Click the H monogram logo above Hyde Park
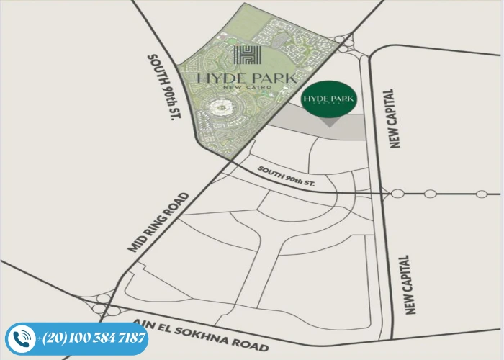(x=246, y=55)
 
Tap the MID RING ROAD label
(x=158, y=222)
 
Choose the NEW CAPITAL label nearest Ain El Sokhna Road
(x=410, y=284)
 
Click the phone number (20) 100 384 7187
(x=94, y=338)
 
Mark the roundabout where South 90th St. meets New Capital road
(x=397, y=194)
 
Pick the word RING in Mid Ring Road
(x=159, y=222)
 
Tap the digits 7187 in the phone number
(x=130, y=338)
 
